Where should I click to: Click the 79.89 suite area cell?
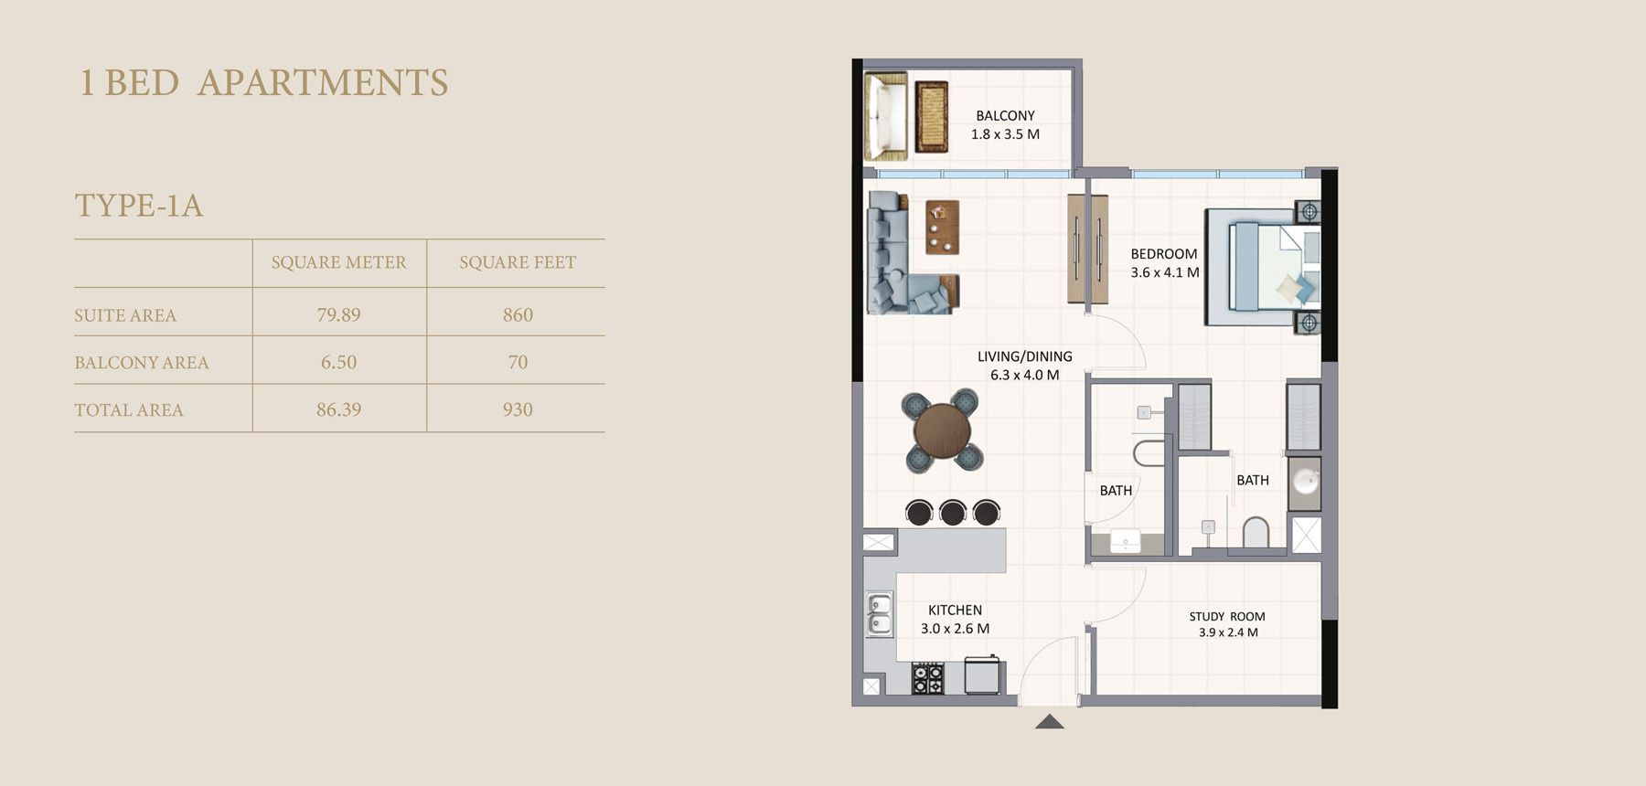click(338, 314)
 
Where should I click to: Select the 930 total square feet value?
click(517, 409)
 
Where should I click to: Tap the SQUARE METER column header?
click(338, 262)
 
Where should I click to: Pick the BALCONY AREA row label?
click(142, 362)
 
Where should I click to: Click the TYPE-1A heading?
click(139, 205)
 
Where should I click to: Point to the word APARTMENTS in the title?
click(323, 82)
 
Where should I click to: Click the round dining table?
click(942, 430)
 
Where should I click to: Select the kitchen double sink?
click(879, 614)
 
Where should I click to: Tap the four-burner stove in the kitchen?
click(927, 678)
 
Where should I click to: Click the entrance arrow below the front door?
click(1050, 722)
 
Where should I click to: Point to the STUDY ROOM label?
click(1227, 617)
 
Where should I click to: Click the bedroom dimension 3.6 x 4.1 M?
click(1164, 272)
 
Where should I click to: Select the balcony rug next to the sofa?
click(931, 116)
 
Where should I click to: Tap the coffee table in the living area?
click(942, 227)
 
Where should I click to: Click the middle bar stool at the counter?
click(953, 512)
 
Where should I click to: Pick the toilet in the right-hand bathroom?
click(1256, 533)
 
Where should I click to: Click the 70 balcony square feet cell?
click(517, 362)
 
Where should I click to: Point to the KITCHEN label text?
click(955, 610)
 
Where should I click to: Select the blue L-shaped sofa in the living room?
click(892, 265)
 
